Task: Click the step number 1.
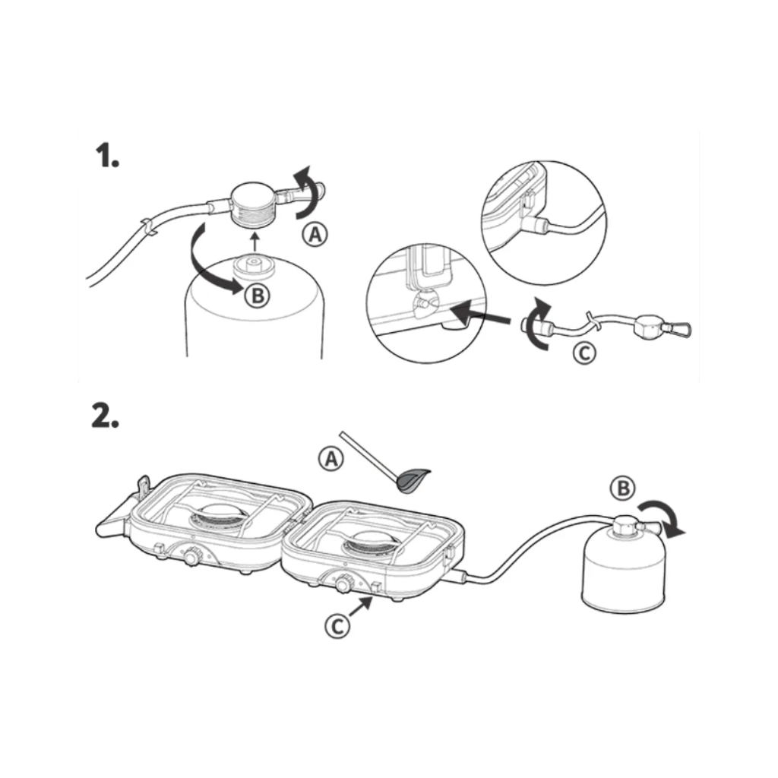point(106,155)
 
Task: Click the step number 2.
point(105,415)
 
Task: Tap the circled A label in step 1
point(315,234)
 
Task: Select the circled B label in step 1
point(258,296)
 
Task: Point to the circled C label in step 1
point(584,353)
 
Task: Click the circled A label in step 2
point(331,458)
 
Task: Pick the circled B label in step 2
point(623,488)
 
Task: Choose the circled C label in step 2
point(337,626)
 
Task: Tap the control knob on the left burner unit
point(191,556)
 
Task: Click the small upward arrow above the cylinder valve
point(255,243)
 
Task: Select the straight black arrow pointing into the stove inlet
point(482,315)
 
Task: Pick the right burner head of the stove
point(371,544)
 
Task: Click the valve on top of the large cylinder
point(254,267)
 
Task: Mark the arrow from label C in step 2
point(361,607)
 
